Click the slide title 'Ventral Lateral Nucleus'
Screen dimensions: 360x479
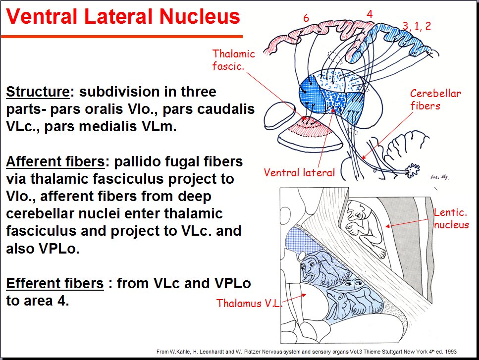[x=123, y=17]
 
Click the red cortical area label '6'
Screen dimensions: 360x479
[x=306, y=18]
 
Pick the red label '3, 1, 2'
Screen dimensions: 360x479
[x=417, y=26]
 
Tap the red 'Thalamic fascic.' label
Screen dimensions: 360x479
[x=234, y=59]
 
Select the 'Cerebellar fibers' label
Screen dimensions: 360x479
[x=435, y=99]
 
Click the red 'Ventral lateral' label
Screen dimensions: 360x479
[x=299, y=173]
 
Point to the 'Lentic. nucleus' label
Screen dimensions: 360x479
[x=451, y=218]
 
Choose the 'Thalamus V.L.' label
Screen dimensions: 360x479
[x=249, y=303]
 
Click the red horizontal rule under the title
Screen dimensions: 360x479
[x=121, y=36]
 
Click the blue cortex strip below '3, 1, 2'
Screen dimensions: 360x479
[x=401, y=42]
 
